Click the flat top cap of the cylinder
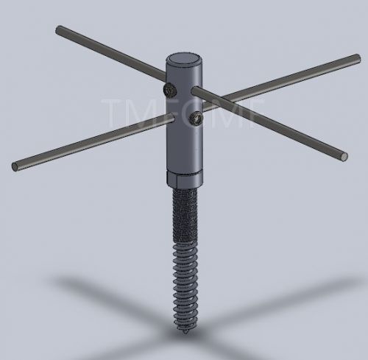[183, 60]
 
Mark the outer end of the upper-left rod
[59, 30]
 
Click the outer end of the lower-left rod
[15, 166]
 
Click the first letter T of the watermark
[113, 112]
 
